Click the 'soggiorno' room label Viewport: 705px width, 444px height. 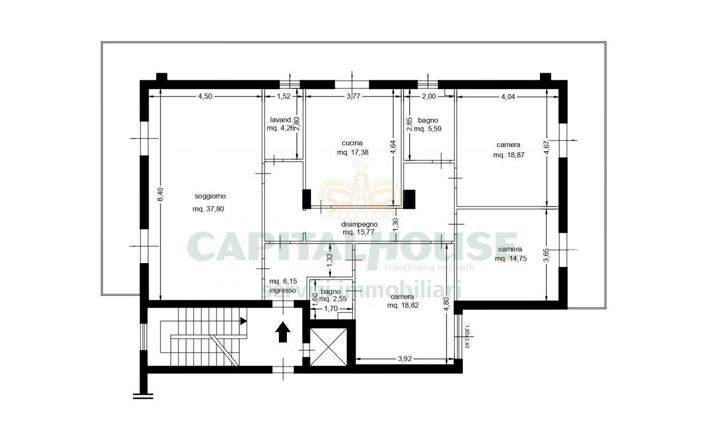click(x=210, y=196)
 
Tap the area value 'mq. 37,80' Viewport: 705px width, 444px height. click(x=208, y=210)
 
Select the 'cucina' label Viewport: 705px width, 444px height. click(x=352, y=143)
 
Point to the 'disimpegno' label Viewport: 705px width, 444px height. click(x=359, y=224)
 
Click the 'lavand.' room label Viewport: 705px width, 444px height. click(x=281, y=120)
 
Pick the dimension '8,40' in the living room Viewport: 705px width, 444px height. click(x=160, y=195)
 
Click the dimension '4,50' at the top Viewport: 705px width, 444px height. click(x=205, y=96)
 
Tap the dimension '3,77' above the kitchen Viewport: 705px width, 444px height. click(x=353, y=96)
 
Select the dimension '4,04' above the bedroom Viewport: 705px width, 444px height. click(x=508, y=96)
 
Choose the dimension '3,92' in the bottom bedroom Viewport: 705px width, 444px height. click(x=405, y=359)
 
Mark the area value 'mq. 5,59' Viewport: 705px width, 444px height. click(x=427, y=128)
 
